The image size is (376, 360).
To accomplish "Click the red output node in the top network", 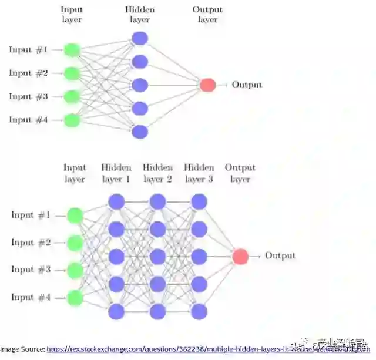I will click(207, 85).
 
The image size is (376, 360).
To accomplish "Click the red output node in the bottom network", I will click(240, 257).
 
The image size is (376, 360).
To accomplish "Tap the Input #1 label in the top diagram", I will click(28, 50).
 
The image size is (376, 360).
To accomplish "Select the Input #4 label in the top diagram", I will click(28, 120).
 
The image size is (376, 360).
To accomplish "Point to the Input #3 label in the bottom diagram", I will click(31, 270).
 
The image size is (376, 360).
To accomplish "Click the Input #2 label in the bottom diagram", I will click(31, 243).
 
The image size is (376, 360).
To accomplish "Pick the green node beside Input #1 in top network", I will click(72, 50).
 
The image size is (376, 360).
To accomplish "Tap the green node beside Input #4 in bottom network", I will click(75, 298).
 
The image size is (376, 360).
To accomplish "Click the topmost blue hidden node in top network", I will click(140, 39).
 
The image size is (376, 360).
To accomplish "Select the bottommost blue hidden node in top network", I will click(140, 132).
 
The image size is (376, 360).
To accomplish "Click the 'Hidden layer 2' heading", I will click(157, 173).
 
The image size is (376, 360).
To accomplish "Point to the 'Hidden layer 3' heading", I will click(199, 173).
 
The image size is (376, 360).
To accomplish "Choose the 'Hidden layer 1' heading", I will click(116, 173).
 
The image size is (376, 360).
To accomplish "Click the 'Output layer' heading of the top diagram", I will click(207, 15).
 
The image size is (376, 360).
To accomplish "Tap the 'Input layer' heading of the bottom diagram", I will click(75, 173).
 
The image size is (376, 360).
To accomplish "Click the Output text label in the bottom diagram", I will click(280, 256).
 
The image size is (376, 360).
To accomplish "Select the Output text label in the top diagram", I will click(247, 85).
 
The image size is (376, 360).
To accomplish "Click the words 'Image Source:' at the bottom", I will click(22, 349).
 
